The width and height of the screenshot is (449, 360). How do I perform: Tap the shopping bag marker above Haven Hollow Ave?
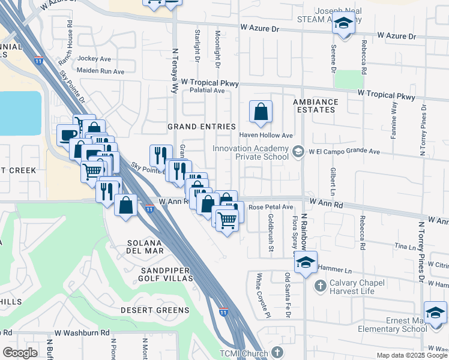click(x=261, y=112)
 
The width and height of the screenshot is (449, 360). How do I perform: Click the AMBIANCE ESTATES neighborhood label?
click(x=316, y=106)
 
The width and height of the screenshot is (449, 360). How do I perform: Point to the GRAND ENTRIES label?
click(x=201, y=127)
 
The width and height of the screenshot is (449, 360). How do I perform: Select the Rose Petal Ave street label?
click(x=270, y=207)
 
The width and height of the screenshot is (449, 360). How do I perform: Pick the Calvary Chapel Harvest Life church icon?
click(x=320, y=286)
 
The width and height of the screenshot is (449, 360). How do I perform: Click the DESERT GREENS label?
click(x=154, y=310)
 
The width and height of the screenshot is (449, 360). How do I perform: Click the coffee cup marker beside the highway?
click(x=68, y=135)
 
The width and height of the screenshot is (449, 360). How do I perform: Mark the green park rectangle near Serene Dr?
click(x=349, y=80)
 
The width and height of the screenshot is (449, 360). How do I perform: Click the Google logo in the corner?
click(x=20, y=353)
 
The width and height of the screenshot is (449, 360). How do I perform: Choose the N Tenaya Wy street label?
click(x=175, y=70)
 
